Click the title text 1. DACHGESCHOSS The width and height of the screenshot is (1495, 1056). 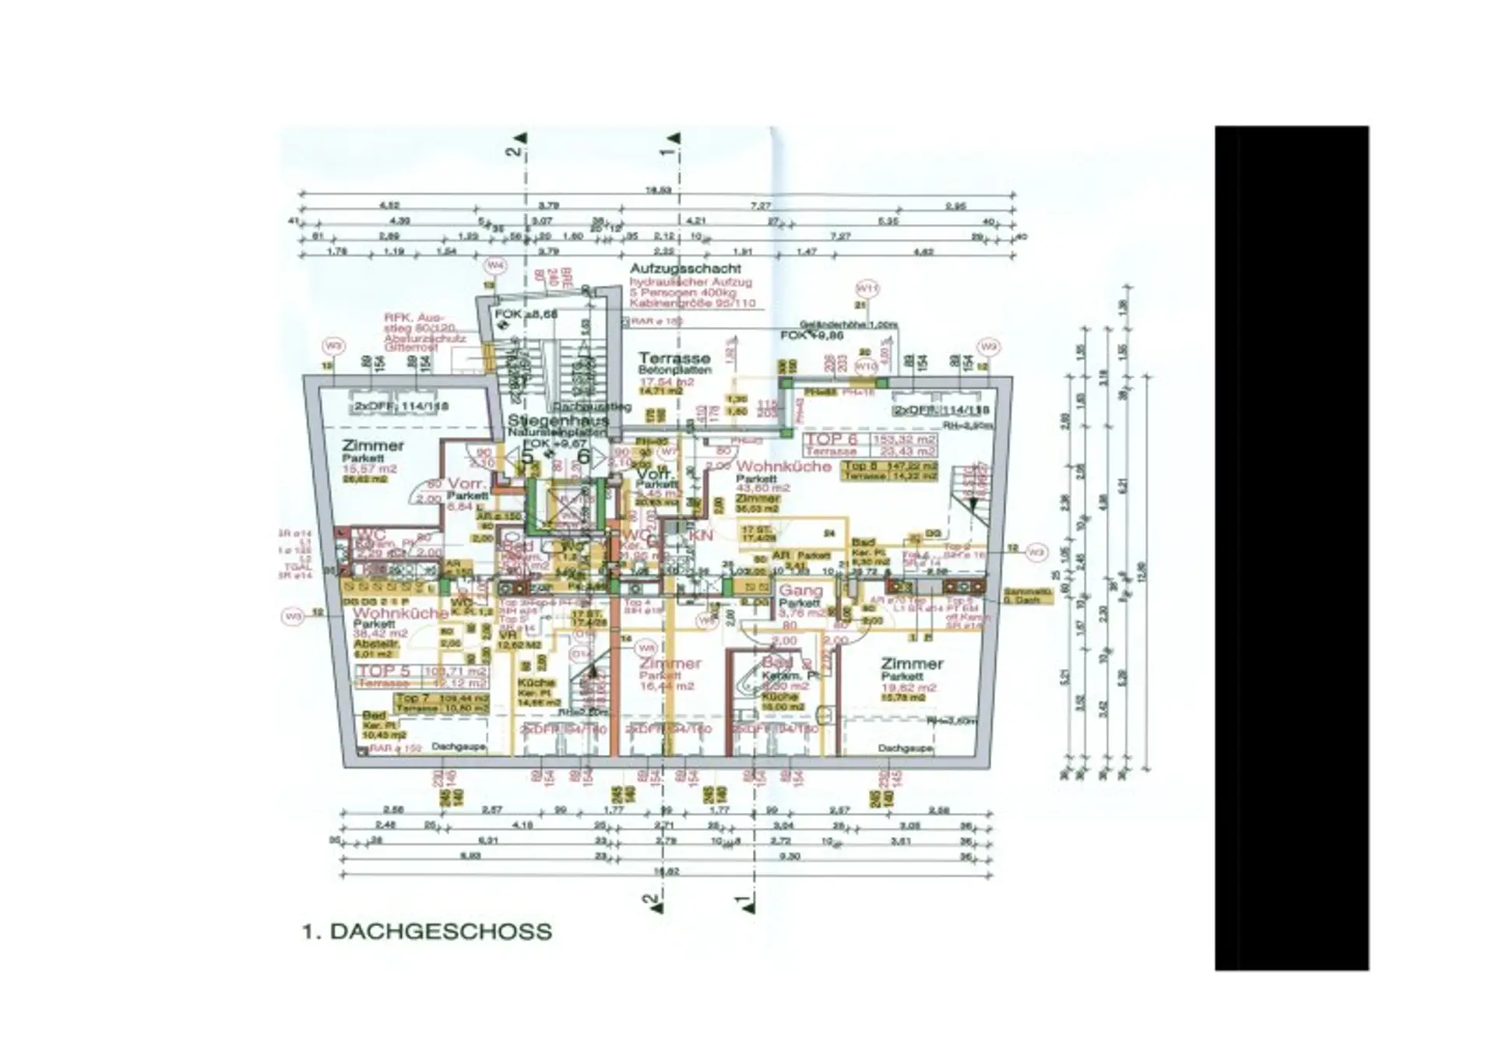[x=427, y=931]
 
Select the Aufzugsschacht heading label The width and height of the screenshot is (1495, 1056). [x=685, y=269]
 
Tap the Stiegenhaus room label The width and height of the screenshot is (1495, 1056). [x=558, y=421]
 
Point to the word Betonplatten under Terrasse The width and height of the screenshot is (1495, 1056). [x=674, y=371]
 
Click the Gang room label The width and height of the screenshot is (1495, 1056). [x=800, y=590]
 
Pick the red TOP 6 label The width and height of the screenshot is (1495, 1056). [x=831, y=439]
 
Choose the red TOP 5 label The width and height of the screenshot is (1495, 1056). [x=383, y=671]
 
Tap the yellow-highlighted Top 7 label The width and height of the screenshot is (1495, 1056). [x=412, y=699]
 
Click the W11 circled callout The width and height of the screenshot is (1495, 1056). [x=867, y=288]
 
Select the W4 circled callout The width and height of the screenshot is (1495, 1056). [x=495, y=266]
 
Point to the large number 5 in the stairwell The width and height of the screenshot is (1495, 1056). [x=528, y=457]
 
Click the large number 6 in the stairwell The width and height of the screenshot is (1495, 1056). [x=582, y=457]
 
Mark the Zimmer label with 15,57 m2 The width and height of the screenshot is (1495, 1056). [x=373, y=445]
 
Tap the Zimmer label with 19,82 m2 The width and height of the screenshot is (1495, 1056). [x=912, y=664]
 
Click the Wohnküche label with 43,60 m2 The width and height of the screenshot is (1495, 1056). [x=783, y=466]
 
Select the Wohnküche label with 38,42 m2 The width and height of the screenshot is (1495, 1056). [x=400, y=613]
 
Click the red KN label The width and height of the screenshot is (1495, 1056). [x=701, y=535]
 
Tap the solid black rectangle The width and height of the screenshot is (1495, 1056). [x=1291, y=547]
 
